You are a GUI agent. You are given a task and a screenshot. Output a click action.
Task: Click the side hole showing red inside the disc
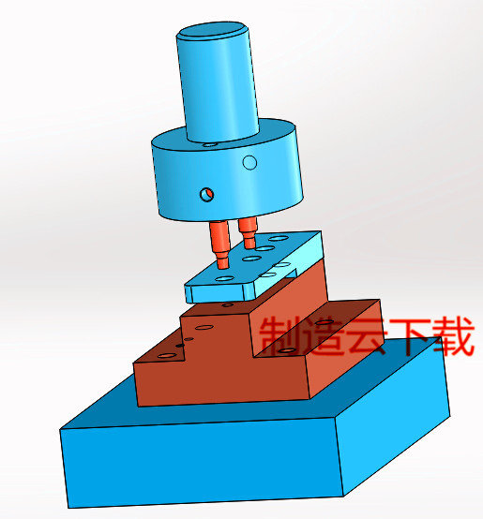206,194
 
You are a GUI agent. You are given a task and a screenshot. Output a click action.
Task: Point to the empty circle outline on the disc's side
249,163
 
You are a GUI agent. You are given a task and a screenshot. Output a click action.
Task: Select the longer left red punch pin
219,241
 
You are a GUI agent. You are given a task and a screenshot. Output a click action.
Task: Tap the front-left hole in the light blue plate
223,278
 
